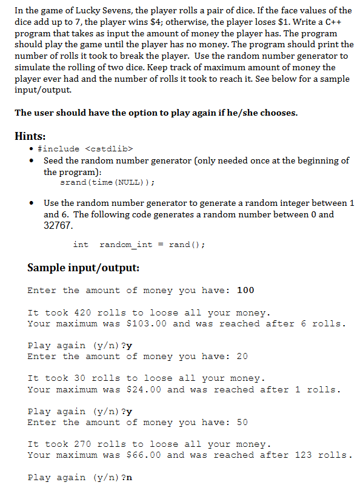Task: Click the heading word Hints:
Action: coord(30,136)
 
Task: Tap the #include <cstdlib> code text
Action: coord(85,149)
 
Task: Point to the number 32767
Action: coord(58,226)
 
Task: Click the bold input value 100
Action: coord(245,291)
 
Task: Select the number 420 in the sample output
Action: coord(82,313)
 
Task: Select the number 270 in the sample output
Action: coord(82,444)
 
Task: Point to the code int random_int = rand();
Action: coord(139,245)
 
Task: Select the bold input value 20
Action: coord(242,357)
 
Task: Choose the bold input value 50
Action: coord(242,423)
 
